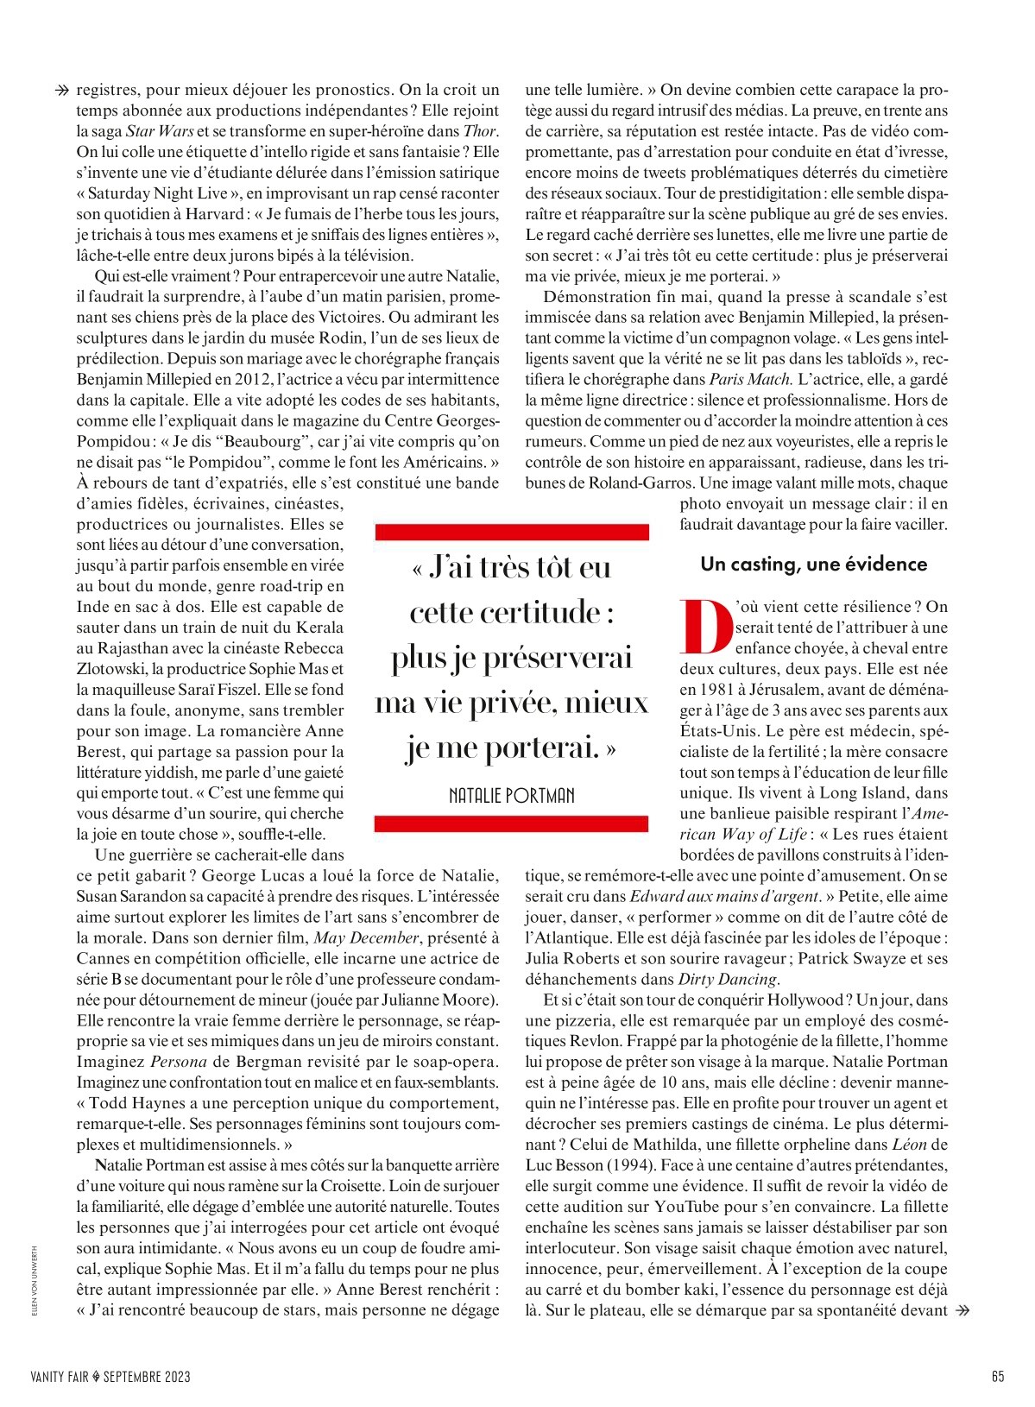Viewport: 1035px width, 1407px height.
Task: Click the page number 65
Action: (998, 1377)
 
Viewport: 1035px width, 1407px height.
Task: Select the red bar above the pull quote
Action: (512, 532)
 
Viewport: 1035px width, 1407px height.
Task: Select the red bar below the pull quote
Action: (512, 825)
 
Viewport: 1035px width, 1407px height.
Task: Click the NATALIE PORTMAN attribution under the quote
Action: (512, 795)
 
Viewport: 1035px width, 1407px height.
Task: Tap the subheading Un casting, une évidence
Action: (813, 564)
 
